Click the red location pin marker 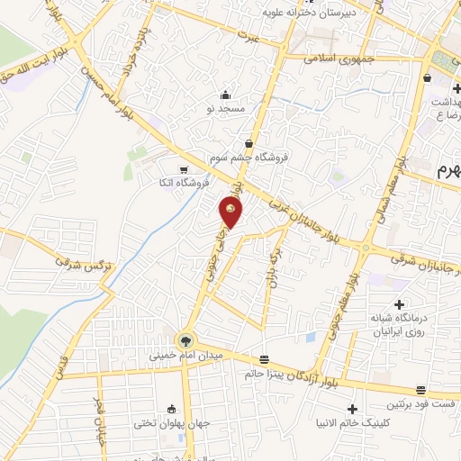pyautogui.click(x=230, y=212)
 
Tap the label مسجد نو pyautogui.click(x=225, y=109)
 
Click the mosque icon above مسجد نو pyautogui.click(x=225, y=95)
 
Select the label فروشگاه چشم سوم pyautogui.click(x=249, y=157)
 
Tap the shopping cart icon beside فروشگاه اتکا pyautogui.click(x=184, y=170)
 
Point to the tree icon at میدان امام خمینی pyautogui.click(x=185, y=340)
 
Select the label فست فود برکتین pyautogui.click(x=420, y=404)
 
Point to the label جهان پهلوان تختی pyautogui.click(x=172, y=421)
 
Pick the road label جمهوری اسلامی pyautogui.click(x=339, y=55)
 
